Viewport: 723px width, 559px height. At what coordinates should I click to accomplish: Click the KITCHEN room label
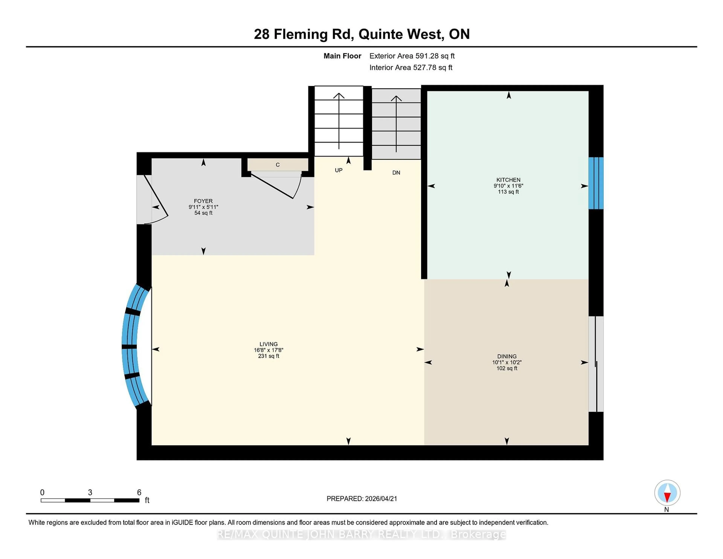(x=508, y=180)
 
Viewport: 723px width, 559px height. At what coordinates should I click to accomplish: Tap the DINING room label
(x=506, y=356)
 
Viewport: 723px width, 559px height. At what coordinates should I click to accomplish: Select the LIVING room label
(x=268, y=344)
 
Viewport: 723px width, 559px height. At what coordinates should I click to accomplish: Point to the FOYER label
(x=203, y=201)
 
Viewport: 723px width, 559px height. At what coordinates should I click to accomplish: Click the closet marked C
(x=278, y=165)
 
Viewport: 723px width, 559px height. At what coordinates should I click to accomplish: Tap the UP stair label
(x=338, y=170)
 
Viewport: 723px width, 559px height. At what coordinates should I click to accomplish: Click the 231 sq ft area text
(x=268, y=356)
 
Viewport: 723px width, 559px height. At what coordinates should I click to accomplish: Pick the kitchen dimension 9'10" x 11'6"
(x=508, y=186)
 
